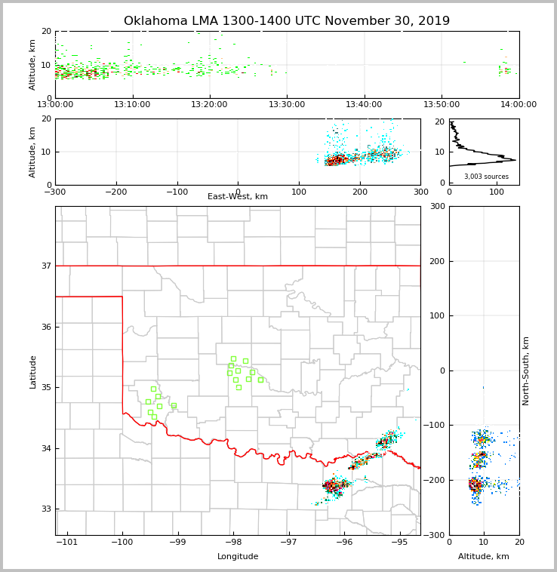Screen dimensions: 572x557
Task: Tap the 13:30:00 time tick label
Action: tap(287, 104)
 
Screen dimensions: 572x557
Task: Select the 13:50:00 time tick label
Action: tap(442, 104)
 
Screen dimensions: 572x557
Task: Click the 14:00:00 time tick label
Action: tap(519, 104)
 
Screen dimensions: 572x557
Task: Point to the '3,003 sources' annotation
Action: tap(486, 177)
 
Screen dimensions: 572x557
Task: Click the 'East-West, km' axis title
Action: tap(238, 197)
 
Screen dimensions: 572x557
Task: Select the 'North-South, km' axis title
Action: tap(526, 371)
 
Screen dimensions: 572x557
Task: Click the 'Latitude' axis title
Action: tap(32, 371)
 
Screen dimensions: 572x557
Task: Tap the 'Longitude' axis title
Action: tap(238, 556)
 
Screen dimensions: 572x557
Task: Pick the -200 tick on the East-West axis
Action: tap(116, 191)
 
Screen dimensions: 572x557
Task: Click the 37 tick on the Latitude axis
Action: tap(46, 266)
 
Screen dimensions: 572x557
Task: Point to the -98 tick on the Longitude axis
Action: tap(232, 542)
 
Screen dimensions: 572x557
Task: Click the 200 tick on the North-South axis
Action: tap(435, 261)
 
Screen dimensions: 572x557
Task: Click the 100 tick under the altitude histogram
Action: tap(497, 192)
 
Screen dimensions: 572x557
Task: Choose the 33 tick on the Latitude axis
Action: tap(46, 509)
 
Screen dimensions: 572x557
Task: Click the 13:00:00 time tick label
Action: tap(55, 104)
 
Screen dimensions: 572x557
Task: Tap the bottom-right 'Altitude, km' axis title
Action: tap(484, 556)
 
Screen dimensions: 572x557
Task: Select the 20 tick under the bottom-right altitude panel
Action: tap(519, 542)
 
